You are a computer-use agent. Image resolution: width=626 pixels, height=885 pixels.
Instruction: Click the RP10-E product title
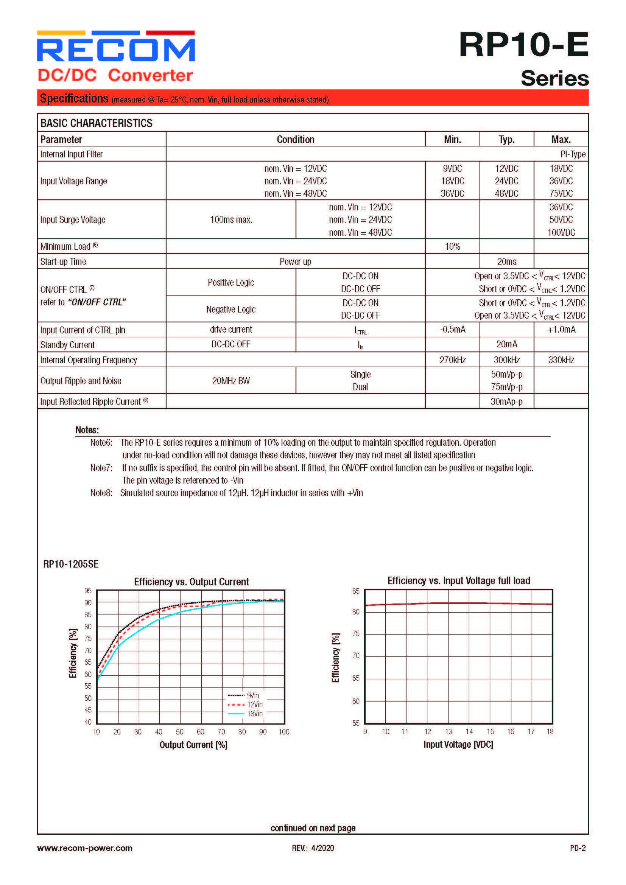pos(523,45)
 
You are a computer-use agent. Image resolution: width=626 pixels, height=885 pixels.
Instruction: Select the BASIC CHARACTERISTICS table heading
pos(97,123)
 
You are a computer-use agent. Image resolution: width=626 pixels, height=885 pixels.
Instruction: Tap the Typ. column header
pos(506,140)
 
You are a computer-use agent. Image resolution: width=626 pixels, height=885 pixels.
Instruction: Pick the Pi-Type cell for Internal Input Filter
pos(573,154)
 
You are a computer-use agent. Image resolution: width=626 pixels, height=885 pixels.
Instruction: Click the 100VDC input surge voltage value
pos(561,232)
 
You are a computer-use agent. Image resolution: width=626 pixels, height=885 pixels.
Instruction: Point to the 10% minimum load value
pos(452,246)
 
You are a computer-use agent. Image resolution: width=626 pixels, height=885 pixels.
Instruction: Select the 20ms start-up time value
pos(506,262)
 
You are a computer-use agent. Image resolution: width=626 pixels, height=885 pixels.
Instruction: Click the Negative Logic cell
pos(231,309)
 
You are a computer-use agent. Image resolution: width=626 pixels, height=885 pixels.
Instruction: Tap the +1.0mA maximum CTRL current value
pos(561,330)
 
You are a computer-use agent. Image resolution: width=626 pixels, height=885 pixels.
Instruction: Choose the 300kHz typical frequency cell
pos(506,360)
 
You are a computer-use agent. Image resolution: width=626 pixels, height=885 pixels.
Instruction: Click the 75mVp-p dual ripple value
pos(506,387)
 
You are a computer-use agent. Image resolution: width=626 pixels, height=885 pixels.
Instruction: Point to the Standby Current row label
pos(67,345)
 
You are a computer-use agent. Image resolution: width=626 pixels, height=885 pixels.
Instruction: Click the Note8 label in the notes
pos(101,493)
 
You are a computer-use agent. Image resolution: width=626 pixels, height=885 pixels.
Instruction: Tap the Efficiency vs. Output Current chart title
pos(191,582)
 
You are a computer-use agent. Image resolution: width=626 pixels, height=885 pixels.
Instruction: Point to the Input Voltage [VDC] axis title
pos(458,744)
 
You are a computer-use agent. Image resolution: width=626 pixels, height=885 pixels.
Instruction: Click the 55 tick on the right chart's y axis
pos(355,723)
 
